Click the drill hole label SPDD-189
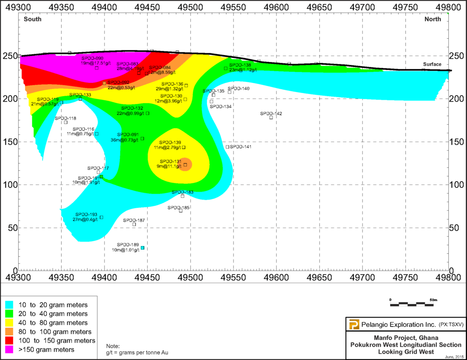(128, 244)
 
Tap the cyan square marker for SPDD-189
(142, 248)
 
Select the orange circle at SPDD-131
(185, 165)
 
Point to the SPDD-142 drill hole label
(271, 113)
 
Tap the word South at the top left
(32, 19)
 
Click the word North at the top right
(432, 19)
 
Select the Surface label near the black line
(432, 64)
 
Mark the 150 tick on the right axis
(457, 142)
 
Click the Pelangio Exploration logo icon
(353, 324)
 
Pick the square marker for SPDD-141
(228, 147)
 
